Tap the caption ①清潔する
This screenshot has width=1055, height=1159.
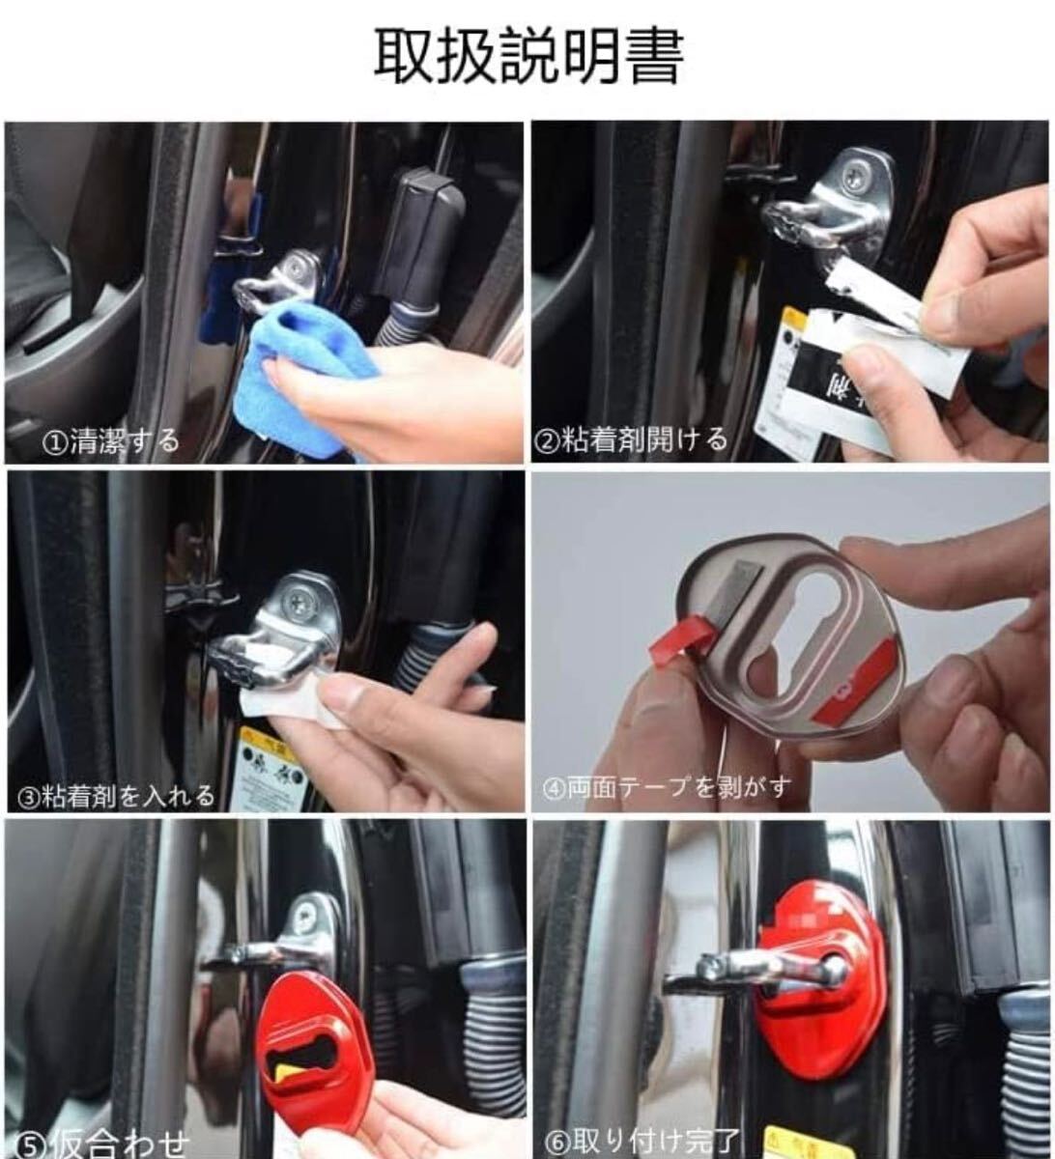pos(111,442)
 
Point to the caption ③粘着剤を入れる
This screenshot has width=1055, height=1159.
pos(117,796)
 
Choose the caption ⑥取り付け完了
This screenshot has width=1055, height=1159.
pos(642,1143)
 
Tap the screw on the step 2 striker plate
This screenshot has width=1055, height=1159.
pos(854,175)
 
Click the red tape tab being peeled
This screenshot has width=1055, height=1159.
pos(681,638)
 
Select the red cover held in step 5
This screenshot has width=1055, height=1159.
pos(316,1044)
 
